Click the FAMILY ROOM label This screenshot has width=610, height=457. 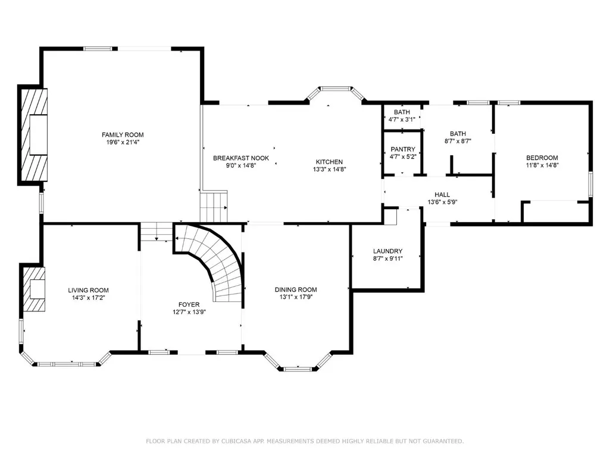click(123, 135)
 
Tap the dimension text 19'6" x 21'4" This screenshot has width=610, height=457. click(123, 142)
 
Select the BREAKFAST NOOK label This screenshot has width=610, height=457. click(241, 158)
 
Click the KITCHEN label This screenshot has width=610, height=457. click(329, 162)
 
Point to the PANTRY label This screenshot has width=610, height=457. click(403, 149)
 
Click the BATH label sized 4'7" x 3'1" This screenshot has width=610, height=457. click(402, 112)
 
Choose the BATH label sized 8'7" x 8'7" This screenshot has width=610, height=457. click(458, 134)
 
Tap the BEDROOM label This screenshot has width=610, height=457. click(542, 157)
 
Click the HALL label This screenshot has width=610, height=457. click(442, 195)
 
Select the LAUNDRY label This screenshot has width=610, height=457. click(387, 251)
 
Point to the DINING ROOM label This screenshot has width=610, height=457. click(296, 289)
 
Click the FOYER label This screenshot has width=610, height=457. click(189, 305)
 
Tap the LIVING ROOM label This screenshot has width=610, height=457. click(88, 290)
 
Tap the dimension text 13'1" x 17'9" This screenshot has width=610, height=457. click(296, 297)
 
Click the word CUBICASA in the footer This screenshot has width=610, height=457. click(234, 441)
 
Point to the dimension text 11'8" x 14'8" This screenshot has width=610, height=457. click(542, 165)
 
